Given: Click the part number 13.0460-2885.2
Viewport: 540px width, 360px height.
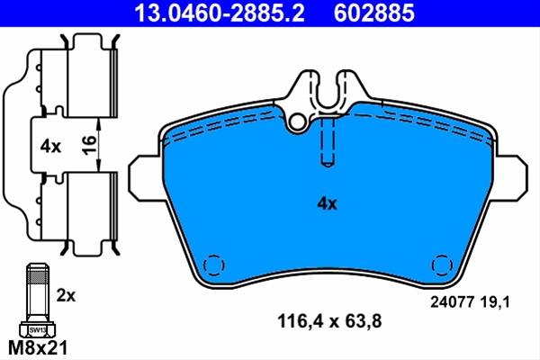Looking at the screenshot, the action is (220, 13).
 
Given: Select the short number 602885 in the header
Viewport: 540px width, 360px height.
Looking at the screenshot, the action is (374, 13).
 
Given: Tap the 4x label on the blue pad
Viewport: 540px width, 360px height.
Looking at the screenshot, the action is (327, 203).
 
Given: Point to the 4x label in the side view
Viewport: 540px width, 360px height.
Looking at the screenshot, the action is (50, 147).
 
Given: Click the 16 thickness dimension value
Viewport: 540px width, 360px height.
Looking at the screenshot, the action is (89, 145).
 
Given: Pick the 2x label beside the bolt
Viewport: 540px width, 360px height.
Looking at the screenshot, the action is (66, 295).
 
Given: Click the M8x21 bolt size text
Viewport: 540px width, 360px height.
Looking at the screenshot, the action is (38, 347).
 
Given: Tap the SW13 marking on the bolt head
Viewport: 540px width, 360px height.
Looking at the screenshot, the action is (37, 330).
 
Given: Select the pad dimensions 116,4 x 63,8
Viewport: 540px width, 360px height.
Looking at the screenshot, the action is (329, 321).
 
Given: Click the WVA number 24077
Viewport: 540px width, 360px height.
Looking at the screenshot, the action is (451, 302).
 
